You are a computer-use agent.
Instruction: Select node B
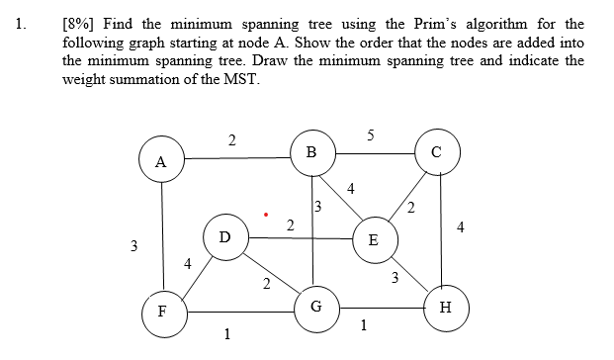click(312, 152)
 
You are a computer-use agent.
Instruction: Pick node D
click(224, 237)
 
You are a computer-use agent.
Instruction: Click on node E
click(372, 239)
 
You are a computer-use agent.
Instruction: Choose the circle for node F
click(161, 312)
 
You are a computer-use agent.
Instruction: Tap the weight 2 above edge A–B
click(231, 140)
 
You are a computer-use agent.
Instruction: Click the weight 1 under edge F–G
click(227, 333)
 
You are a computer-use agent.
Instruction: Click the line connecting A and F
click(161, 237)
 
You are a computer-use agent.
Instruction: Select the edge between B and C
click(376, 153)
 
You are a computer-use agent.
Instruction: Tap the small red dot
click(264, 213)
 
